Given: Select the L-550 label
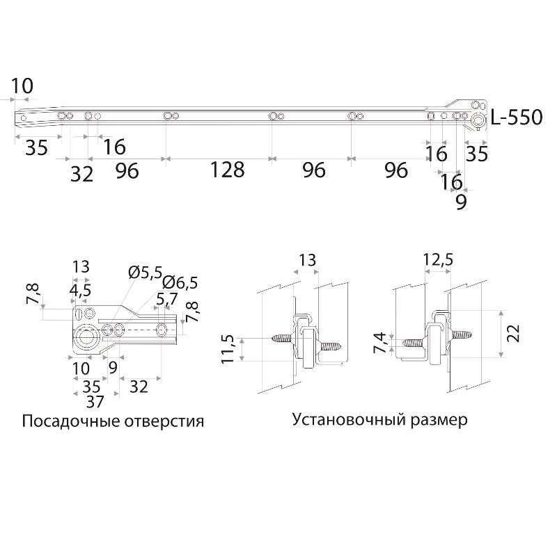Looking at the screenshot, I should pyautogui.click(x=516, y=118).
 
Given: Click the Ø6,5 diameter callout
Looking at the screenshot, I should pyautogui.click(x=181, y=282).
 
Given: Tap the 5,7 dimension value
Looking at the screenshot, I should pyautogui.click(x=166, y=300).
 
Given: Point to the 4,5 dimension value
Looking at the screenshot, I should pyautogui.click(x=80, y=291).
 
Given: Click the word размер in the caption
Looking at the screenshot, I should pyautogui.click(x=440, y=421).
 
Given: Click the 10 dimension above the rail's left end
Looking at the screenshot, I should pyautogui.click(x=22, y=86).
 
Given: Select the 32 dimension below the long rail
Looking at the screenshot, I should pyautogui.click(x=81, y=174).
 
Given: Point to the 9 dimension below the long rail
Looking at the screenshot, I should pyautogui.click(x=461, y=202).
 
